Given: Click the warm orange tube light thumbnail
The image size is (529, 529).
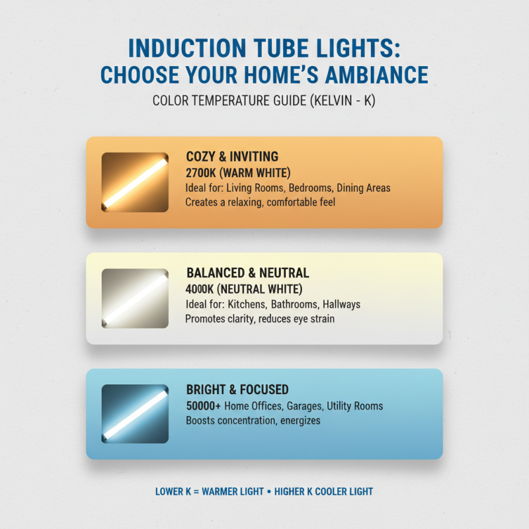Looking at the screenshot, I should click(x=134, y=182).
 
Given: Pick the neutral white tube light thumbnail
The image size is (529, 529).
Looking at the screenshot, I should click(x=134, y=298).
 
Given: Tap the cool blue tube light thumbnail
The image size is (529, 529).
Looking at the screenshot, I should click(x=134, y=414).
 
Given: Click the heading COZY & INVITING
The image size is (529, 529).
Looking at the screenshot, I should click(x=232, y=157).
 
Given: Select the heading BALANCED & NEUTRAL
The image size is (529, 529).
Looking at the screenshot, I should click(x=248, y=273).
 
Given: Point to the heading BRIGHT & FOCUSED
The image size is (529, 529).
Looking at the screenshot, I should click(x=237, y=389).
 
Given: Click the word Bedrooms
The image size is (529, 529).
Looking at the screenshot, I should click(x=305, y=188).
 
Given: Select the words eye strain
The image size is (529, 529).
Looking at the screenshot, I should click(x=311, y=319).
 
